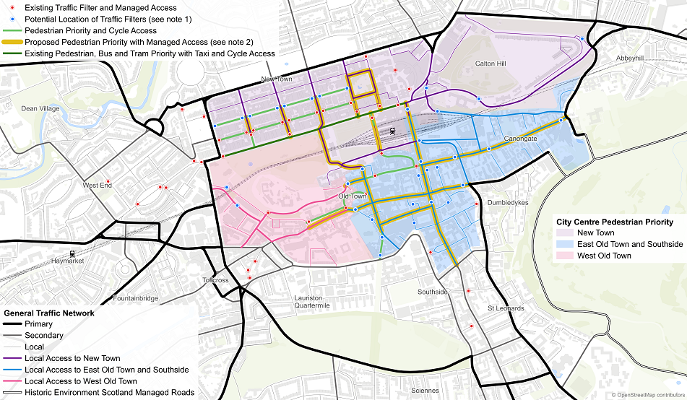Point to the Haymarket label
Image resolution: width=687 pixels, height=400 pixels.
67,261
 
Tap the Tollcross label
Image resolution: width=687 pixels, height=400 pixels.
215,280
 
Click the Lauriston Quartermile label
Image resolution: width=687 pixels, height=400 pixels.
312,301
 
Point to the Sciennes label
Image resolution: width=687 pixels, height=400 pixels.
424,391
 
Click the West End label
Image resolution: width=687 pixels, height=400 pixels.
97,186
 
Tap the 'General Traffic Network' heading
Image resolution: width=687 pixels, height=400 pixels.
49,313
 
